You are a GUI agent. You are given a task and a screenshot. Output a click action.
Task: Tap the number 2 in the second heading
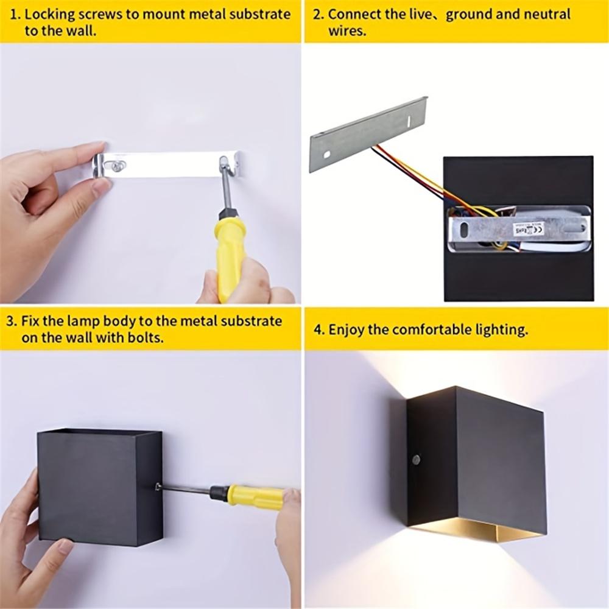point(317,14)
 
